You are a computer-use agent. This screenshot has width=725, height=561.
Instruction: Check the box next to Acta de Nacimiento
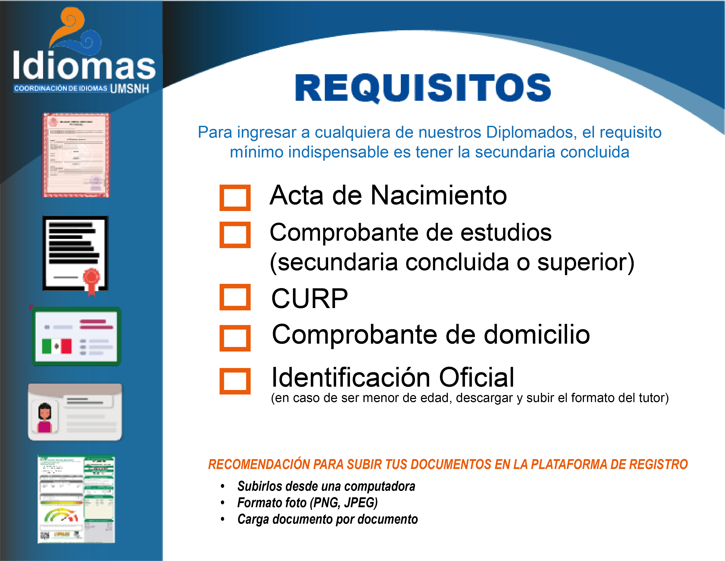[235, 198]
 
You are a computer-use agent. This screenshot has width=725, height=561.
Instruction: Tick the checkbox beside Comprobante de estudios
[235, 235]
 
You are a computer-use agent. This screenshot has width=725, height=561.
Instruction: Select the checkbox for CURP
[235, 297]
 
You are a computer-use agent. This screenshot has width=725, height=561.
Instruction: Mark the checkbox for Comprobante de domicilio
[235, 338]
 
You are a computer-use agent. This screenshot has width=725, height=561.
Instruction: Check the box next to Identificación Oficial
[235, 381]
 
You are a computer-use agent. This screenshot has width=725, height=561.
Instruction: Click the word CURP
[310, 298]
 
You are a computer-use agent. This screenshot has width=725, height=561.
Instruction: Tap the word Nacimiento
[439, 195]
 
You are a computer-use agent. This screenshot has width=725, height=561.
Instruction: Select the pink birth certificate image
[76, 155]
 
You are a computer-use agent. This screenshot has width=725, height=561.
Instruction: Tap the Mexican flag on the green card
[57, 346]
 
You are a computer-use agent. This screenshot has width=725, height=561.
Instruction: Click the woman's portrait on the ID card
[45, 417]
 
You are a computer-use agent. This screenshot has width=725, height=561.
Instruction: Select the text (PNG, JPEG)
[344, 503]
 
